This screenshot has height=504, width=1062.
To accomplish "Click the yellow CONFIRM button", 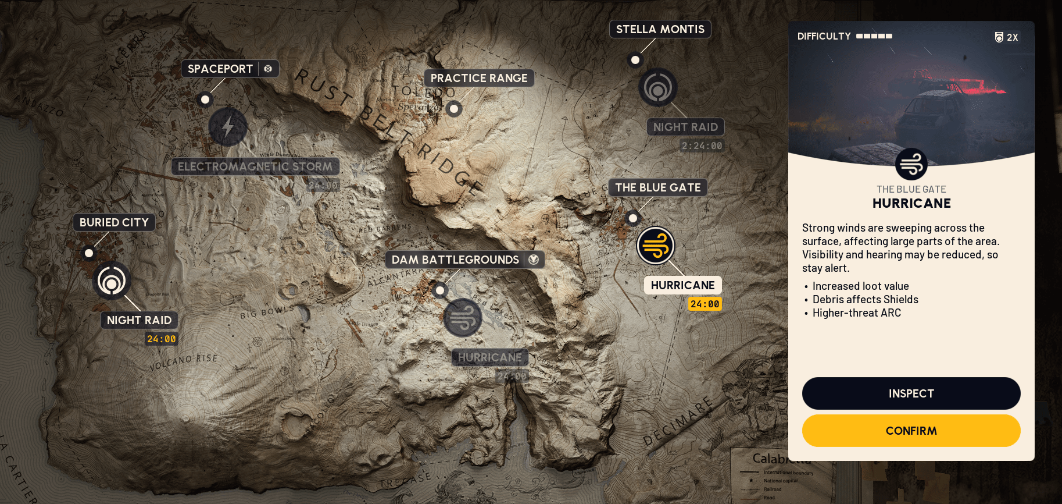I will coord(911,431).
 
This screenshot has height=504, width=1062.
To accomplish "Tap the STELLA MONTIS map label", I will coord(660,29).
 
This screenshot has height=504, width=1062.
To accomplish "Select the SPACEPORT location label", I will coord(220,69).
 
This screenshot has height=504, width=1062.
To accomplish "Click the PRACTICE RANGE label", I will coord(479,78).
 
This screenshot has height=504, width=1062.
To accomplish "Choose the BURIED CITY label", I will coord(114,222).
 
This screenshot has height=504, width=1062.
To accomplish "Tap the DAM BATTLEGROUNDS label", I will coord(455,260).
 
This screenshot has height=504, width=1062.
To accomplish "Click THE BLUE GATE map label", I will coord(657,187).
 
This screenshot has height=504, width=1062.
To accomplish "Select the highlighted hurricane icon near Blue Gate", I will coord(656,246).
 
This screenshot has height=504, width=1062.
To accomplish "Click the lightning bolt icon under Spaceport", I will coord(228,126).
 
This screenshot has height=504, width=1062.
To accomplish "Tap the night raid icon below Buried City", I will coord(112,281).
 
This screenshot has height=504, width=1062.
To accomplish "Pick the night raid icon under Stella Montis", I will coord(658,88).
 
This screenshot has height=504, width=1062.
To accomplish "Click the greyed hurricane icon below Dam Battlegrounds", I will coord(463,318).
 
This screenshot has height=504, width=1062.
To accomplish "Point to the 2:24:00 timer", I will coord(702,146).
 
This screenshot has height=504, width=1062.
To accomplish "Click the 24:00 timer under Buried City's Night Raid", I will coord(161,339).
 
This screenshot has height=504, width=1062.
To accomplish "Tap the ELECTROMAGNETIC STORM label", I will coord(255,166).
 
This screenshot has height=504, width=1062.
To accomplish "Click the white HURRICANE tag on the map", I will coord(682,285).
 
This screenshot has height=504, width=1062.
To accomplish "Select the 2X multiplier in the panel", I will coord(1007,37).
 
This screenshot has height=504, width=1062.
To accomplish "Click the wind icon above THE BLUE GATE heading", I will coord(911,164).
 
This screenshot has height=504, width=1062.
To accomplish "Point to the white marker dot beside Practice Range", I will coord(454,109).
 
